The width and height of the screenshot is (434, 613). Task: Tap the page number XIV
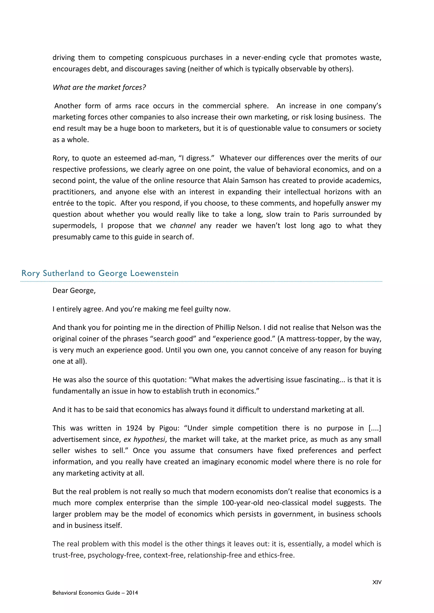coord(377,582)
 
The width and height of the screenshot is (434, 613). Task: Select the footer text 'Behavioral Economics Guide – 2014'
coord(95,593)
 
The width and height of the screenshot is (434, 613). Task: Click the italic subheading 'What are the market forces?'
coord(99,87)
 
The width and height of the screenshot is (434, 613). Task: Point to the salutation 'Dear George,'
coord(74,290)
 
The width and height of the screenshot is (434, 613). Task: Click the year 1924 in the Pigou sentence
coord(134,428)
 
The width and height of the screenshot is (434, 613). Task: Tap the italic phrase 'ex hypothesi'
coord(144,439)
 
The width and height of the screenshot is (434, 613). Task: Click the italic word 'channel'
coord(183,226)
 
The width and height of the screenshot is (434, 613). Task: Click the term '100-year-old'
coord(242,503)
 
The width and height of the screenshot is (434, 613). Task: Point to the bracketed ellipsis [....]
coord(375,428)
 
